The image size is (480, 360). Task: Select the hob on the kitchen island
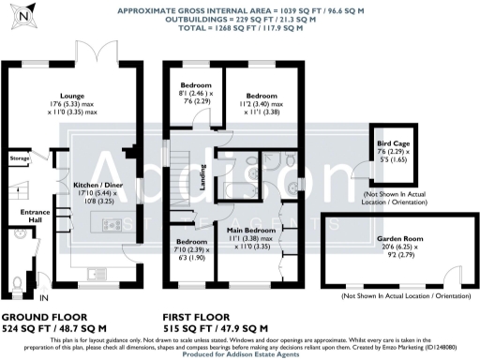point(111,225)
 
